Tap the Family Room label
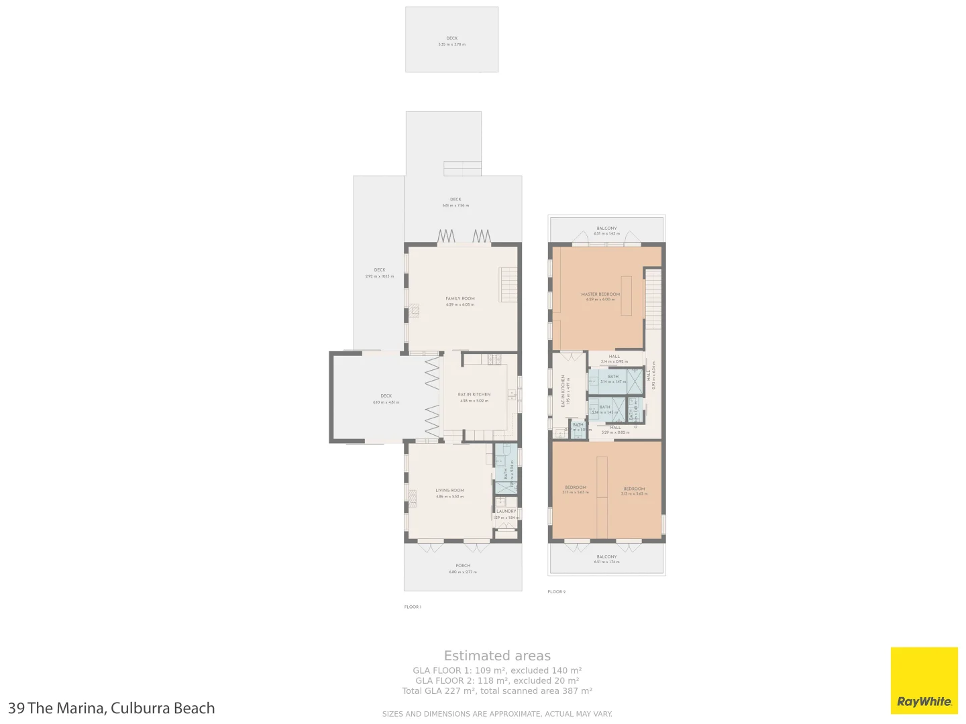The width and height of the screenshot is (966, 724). [x=460, y=301]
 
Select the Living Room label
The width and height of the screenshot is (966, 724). [x=449, y=493]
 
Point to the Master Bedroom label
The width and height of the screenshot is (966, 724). [x=600, y=296]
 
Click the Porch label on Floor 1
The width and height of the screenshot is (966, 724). [x=463, y=568]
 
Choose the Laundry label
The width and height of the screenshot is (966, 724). [x=506, y=514]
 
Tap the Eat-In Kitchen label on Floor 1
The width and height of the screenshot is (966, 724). [x=474, y=397]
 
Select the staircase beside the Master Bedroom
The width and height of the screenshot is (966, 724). [x=653, y=299]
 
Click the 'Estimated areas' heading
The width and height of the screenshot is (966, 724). [x=497, y=656]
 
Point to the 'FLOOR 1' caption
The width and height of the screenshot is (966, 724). [x=413, y=607]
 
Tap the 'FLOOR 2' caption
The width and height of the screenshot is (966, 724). [x=556, y=592]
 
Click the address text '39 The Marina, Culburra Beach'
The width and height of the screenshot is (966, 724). [x=111, y=708]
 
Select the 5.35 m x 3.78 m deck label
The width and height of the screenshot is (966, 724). [x=451, y=41]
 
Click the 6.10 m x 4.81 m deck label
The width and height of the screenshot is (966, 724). [x=386, y=399]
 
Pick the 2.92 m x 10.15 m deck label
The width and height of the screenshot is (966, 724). [x=380, y=273]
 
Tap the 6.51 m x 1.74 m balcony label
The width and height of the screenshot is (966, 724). [x=606, y=559]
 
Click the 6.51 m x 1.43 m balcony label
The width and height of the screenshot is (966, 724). [x=606, y=231]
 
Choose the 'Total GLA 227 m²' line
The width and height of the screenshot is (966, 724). [x=497, y=690]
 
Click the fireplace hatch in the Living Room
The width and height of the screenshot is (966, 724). [x=413, y=495]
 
